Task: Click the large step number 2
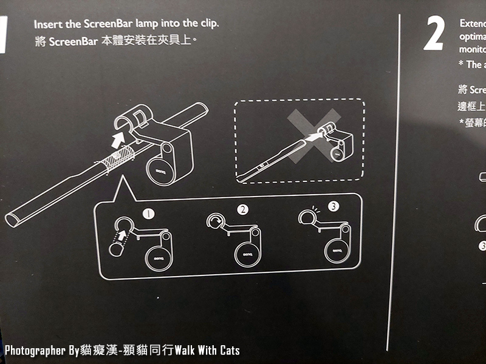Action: pos(433,35)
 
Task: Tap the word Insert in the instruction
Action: pos(47,24)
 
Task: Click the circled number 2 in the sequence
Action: pos(243,210)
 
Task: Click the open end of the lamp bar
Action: pos(14,217)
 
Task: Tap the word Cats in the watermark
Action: pos(228,351)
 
